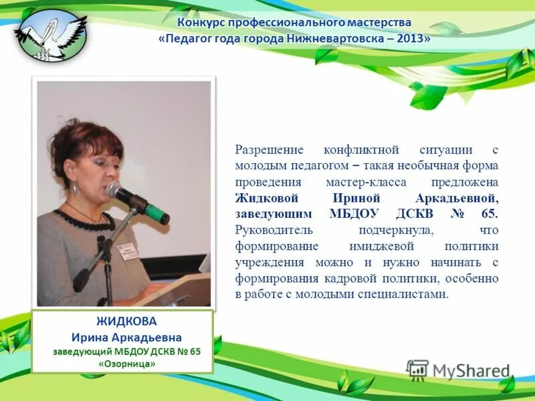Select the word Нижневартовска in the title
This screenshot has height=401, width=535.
pos(334,39)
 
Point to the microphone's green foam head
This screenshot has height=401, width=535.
pos(159,212)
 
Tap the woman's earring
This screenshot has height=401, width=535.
pos(76,189)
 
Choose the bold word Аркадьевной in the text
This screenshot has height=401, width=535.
pos(458,198)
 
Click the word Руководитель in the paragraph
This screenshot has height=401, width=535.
pos(270,230)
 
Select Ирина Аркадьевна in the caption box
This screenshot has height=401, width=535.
pos(126,337)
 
